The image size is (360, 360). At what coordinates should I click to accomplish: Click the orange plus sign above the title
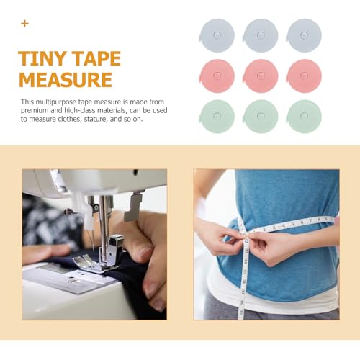pos(24,24)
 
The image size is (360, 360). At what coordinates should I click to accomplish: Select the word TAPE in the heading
pos(96,58)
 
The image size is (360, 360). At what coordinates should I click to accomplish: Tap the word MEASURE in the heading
pos(66,79)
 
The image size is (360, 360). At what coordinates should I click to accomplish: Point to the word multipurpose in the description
pos(56,102)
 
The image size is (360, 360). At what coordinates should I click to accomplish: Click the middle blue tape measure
pos(261,35)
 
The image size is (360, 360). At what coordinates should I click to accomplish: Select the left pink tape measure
pos(217,76)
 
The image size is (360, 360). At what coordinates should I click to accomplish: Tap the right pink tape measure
pos(304,76)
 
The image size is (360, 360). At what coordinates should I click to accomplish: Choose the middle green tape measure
pos(261,117)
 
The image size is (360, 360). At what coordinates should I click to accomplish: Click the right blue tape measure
pos(304,35)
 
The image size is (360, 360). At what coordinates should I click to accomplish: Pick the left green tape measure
pos(217,117)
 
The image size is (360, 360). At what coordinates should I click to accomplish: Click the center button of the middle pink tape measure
pos(261,76)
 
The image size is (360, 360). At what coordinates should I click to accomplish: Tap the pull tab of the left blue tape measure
pos(199,37)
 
